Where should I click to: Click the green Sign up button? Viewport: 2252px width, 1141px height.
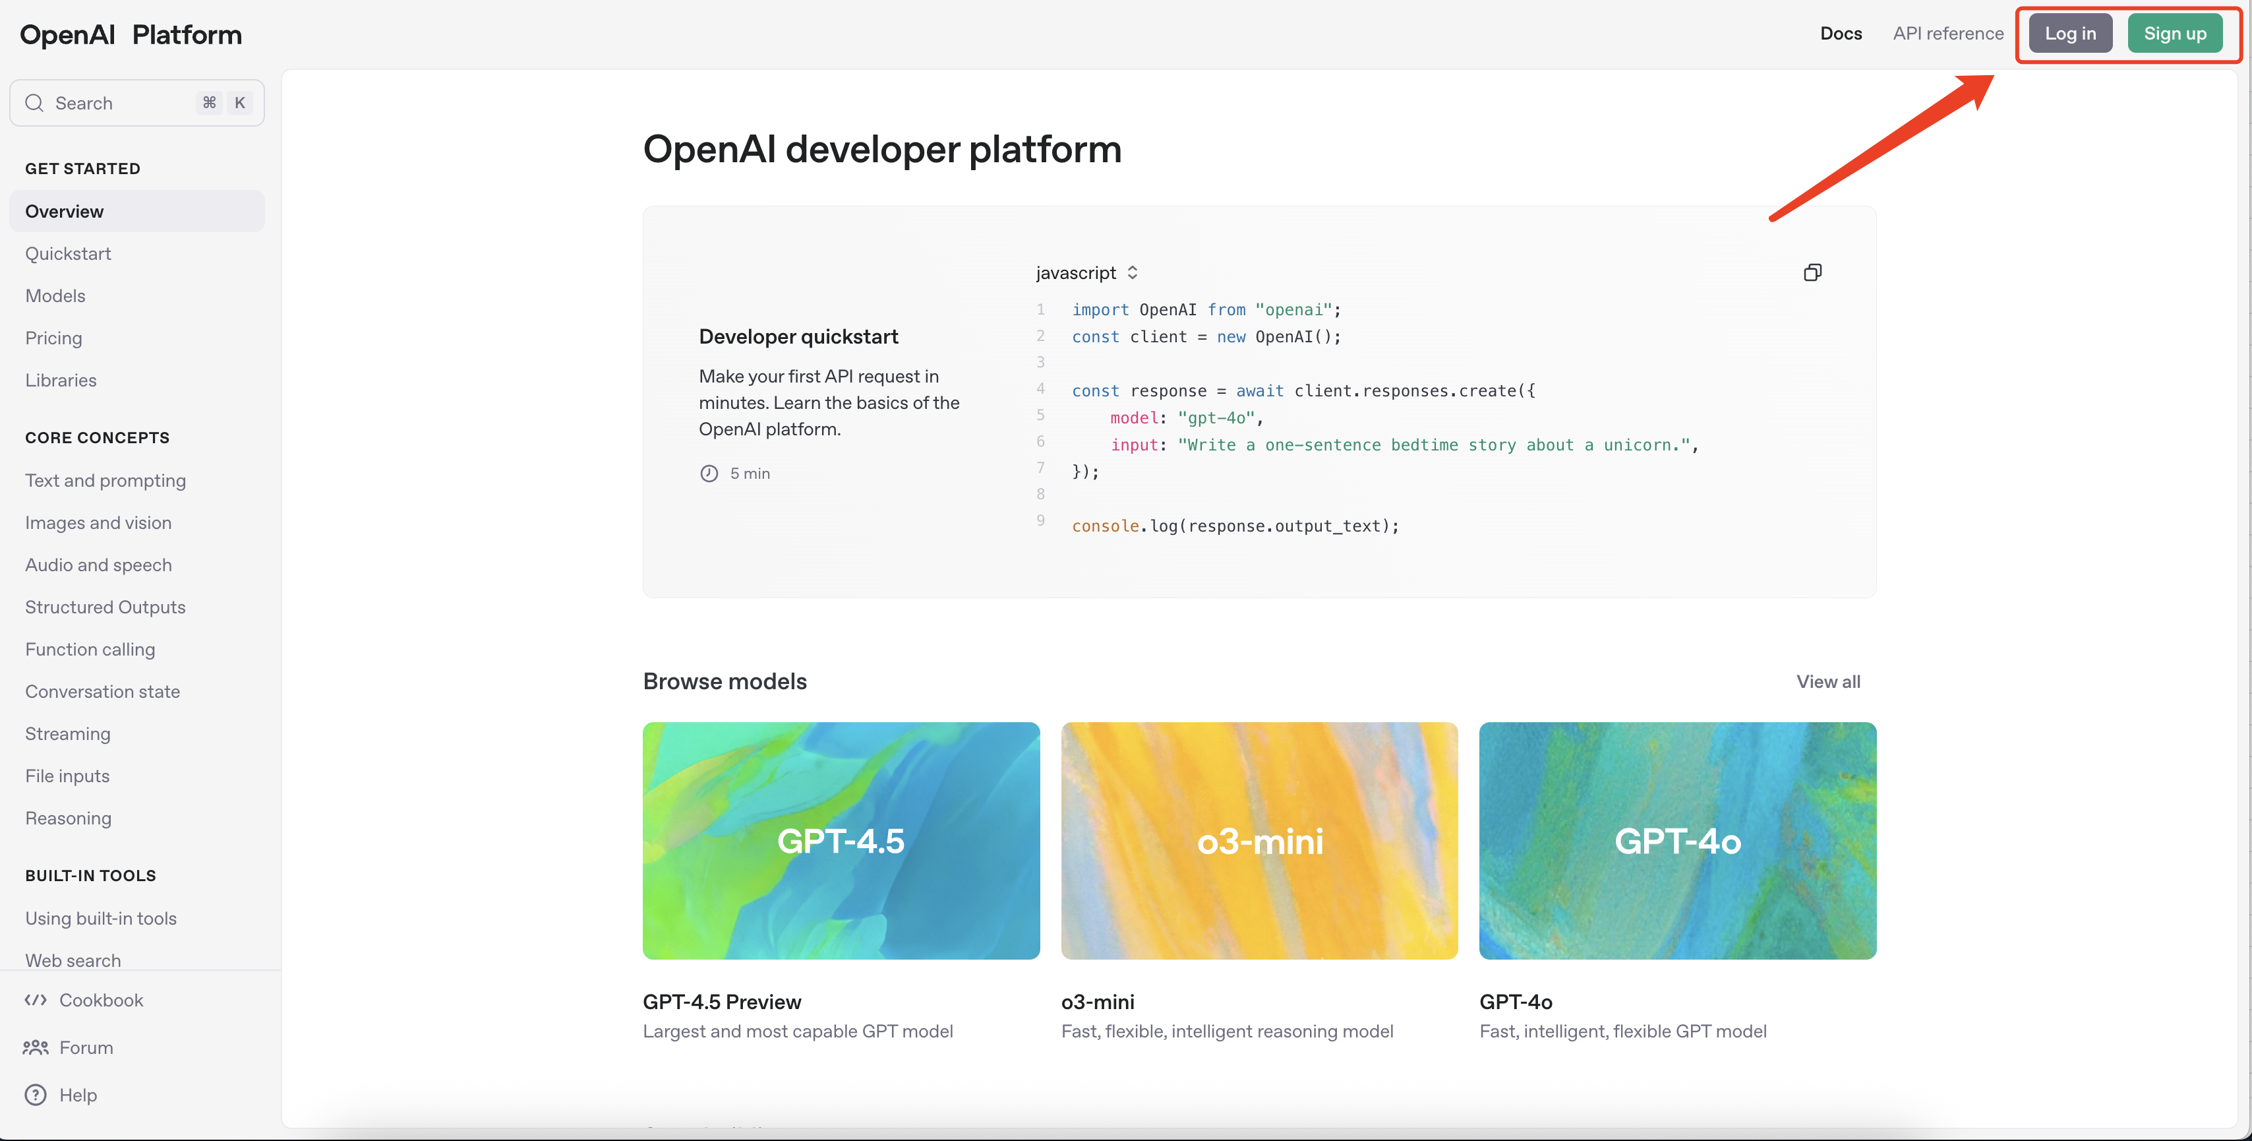point(2174,33)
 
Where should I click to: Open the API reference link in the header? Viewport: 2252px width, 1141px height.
point(1948,33)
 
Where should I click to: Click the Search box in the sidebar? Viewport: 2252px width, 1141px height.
point(136,103)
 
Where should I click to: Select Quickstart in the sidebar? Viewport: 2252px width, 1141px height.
point(68,253)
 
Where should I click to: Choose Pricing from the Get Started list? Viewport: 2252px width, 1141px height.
point(53,338)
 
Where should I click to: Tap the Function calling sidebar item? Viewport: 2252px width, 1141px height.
point(90,650)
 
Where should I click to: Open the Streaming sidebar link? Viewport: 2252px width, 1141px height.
point(67,733)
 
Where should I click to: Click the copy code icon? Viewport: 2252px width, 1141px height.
point(1812,273)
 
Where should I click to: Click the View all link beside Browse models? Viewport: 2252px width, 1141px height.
point(1828,682)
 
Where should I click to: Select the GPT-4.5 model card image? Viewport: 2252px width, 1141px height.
point(841,840)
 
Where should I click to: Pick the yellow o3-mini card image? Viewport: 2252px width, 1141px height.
point(1259,840)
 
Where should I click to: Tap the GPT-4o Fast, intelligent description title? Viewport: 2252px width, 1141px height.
point(1515,1002)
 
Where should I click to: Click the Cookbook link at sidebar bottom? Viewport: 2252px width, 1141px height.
point(100,1001)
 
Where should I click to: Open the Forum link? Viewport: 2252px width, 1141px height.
point(86,1047)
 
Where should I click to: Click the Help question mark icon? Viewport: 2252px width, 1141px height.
point(36,1095)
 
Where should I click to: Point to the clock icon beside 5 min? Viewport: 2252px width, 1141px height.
point(709,474)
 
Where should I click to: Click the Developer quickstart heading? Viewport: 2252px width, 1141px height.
point(798,336)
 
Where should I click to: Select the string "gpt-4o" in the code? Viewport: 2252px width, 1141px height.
point(1215,418)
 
